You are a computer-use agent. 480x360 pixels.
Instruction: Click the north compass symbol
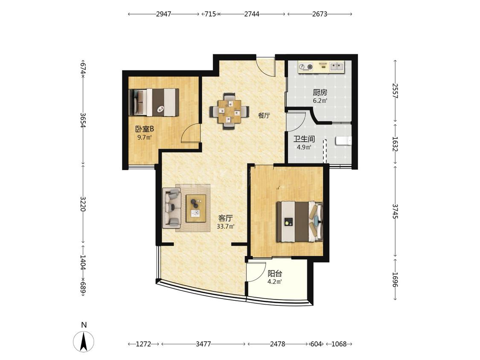point(84,341)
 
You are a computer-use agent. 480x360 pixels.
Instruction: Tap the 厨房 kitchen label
point(320,92)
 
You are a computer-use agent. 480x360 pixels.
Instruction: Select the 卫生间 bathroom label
point(304,139)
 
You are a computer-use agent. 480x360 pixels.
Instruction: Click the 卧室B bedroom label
point(145,129)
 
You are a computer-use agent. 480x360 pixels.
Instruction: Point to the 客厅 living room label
point(225,218)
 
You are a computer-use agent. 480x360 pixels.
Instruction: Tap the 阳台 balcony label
point(275,273)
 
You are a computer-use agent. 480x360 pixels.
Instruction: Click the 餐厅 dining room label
point(264,116)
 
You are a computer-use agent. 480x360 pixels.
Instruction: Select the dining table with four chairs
point(229,111)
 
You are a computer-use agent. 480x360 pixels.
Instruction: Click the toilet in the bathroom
point(343,140)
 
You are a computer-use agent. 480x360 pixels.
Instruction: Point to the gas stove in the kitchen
point(306,67)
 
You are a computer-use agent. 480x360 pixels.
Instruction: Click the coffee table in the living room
point(196,208)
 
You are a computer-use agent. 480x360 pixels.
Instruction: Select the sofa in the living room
point(172,208)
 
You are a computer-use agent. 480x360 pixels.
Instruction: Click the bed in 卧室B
point(154,102)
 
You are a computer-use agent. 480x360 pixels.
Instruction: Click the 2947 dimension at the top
point(163,14)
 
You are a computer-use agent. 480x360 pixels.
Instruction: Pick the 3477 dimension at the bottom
point(203,344)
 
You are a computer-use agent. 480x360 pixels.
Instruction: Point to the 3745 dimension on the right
point(395,211)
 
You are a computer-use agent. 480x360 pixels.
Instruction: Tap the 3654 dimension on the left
point(83,120)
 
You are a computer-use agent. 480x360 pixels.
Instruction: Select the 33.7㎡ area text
point(226,226)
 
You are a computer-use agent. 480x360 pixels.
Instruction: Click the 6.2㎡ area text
point(320,100)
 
